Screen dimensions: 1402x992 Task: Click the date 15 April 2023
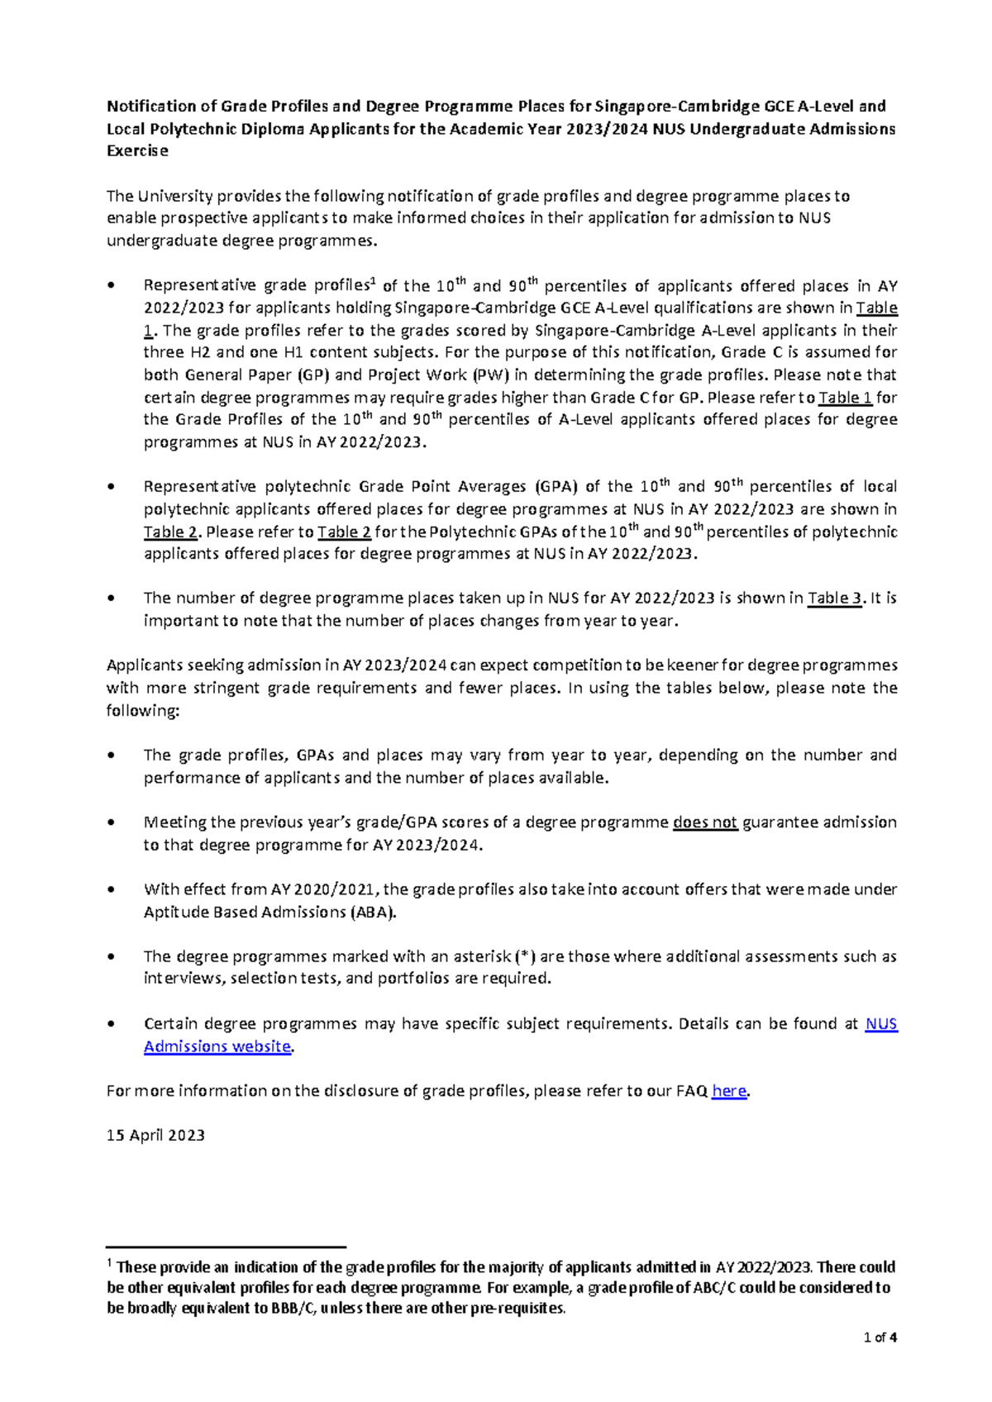(x=155, y=1135)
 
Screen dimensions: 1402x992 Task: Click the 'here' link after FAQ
(x=728, y=1091)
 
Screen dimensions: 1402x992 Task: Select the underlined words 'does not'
(x=704, y=823)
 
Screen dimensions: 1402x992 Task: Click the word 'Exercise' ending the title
(x=137, y=151)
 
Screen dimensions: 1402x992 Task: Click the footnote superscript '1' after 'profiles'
(x=373, y=281)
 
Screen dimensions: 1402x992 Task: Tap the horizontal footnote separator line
(x=225, y=1247)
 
